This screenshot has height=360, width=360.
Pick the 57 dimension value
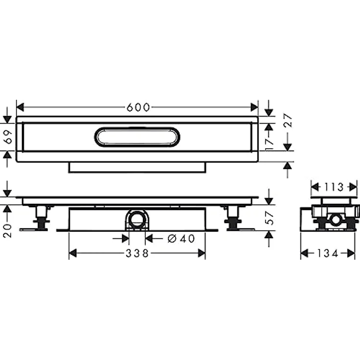[268, 218]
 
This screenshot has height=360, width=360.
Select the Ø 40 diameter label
[181, 238]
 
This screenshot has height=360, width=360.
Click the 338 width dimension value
[137, 253]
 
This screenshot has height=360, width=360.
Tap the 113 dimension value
[334, 186]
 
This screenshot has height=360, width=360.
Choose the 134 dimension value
[328, 253]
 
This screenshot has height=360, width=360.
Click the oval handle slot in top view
[137, 136]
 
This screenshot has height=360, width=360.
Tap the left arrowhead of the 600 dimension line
[20, 108]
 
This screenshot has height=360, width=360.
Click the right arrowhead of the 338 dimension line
[202, 253]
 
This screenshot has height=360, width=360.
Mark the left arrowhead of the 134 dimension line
[304, 253]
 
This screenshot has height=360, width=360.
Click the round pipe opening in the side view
[335, 219]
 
